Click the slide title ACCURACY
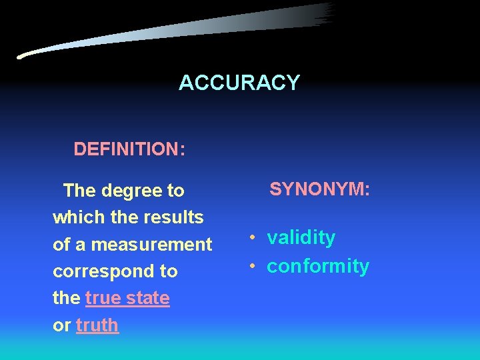(239, 83)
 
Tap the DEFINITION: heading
(129, 149)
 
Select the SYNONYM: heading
(319, 189)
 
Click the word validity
(301, 238)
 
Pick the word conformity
(318, 266)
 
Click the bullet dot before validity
(253, 238)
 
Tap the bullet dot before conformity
(253, 266)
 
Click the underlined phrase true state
(127, 298)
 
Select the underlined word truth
(97, 325)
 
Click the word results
(177, 217)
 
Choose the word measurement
(151, 245)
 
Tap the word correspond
(97, 272)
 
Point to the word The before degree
(79, 191)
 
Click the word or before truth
(61, 325)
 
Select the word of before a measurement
(61, 245)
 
